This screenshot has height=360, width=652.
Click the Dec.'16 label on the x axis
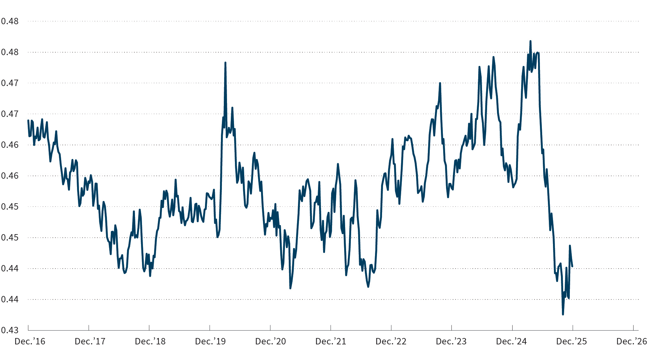pyautogui.click(x=30, y=342)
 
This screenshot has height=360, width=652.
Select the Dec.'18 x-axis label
pyautogui.click(x=150, y=342)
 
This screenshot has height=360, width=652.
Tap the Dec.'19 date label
pyautogui.click(x=210, y=342)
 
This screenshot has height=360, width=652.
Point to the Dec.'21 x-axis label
pyautogui.click(x=331, y=342)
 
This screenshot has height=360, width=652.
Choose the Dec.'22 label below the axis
pyautogui.click(x=391, y=342)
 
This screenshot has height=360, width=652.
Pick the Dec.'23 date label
pyautogui.click(x=451, y=342)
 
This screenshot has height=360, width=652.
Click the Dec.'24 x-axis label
pyautogui.click(x=511, y=342)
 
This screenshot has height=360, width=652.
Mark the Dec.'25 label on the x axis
pyautogui.click(x=571, y=342)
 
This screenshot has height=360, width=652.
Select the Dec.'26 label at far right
pyautogui.click(x=632, y=342)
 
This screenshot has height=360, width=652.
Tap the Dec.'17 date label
pyautogui.click(x=90, y=342)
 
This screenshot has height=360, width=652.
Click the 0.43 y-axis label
pyautogui.click(x=10, y=330)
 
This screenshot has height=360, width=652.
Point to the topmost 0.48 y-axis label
pyautogui.click(x=10, y=21)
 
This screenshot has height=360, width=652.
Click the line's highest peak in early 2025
pyautogui.click(x=530, y=41)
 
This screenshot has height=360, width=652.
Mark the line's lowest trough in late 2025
pyautogui.click(x=563, y=314)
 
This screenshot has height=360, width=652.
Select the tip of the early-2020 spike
pyautogui.click(x=225, y=63)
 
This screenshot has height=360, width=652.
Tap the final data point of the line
pyautogui.click(x=572, y=266)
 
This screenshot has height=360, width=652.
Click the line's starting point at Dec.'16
pyautogui.click(x=28, y=120)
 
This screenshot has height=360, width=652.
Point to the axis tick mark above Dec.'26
pyautogui.click(x=633, y=328)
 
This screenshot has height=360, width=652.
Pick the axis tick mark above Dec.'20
pyautogui.click(x=270, y=328)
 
